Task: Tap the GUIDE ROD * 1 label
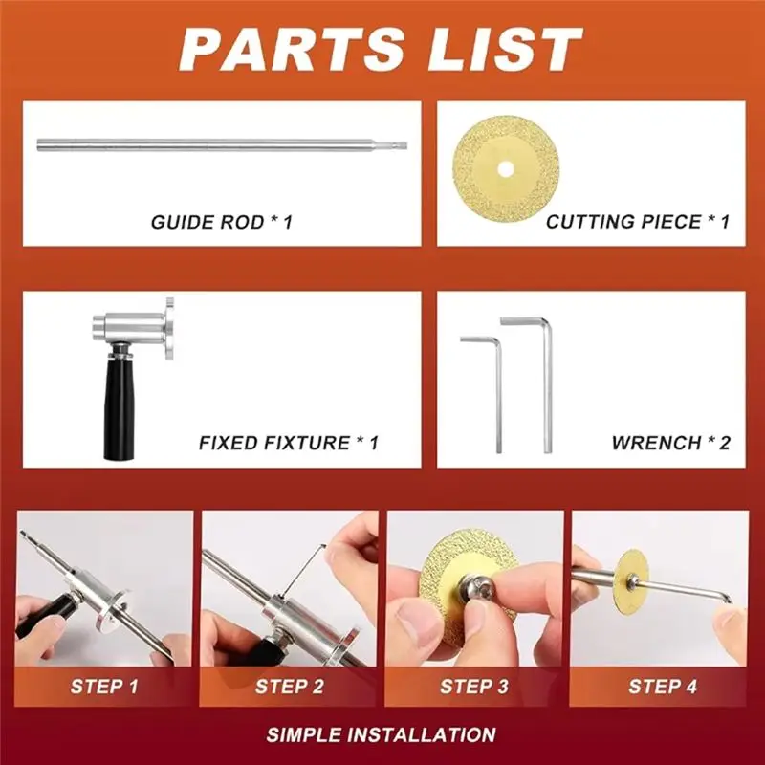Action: (x=221, y=222)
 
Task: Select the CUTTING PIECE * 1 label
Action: (x=638, y=222)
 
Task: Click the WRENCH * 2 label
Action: (x=670, y=443)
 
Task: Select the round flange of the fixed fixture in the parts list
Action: (x=169, y=328)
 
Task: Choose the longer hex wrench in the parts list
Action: (x=545, y=382)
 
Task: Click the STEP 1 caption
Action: (x=104, y=687)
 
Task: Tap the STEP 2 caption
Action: (x=289, y=687)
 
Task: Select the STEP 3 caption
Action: (x=474, y=687)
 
